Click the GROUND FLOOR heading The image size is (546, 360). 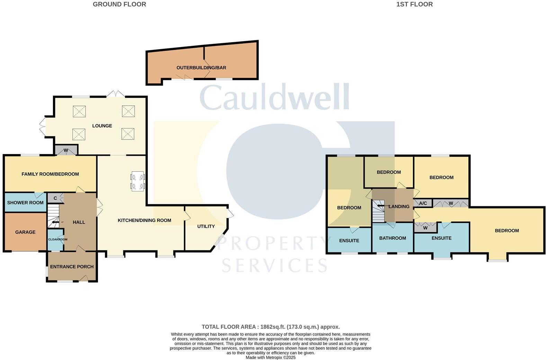[119, 4]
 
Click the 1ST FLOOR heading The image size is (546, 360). [414, 4]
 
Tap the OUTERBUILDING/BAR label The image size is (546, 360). [201, 68]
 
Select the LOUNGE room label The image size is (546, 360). [102, 126]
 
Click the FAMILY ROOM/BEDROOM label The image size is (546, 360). [50, 174]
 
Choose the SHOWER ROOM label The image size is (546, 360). [25, 203]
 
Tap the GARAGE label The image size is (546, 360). [25, 232]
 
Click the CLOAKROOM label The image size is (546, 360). [57, 240]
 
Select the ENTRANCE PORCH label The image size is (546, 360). [72, 267]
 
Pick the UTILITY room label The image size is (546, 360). [206, 226]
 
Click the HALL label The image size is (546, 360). [79, 222]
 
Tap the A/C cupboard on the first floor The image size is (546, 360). [423, 203]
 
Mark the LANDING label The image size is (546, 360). [399, 207]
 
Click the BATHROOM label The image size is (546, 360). [393, 238]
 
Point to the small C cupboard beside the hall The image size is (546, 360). [55, 198]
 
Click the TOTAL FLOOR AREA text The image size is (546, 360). [271, 327]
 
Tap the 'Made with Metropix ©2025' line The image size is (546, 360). [271, 358]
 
